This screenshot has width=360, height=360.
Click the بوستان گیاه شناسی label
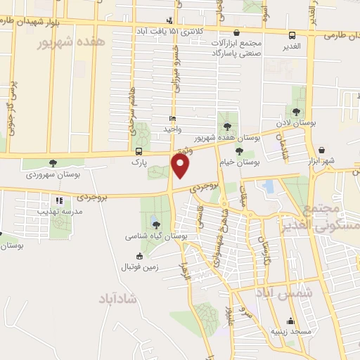click(x=156, y=237)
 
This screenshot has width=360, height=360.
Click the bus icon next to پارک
click(x=139, y=151)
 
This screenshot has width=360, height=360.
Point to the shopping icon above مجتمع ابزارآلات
click(x=236, y=32)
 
